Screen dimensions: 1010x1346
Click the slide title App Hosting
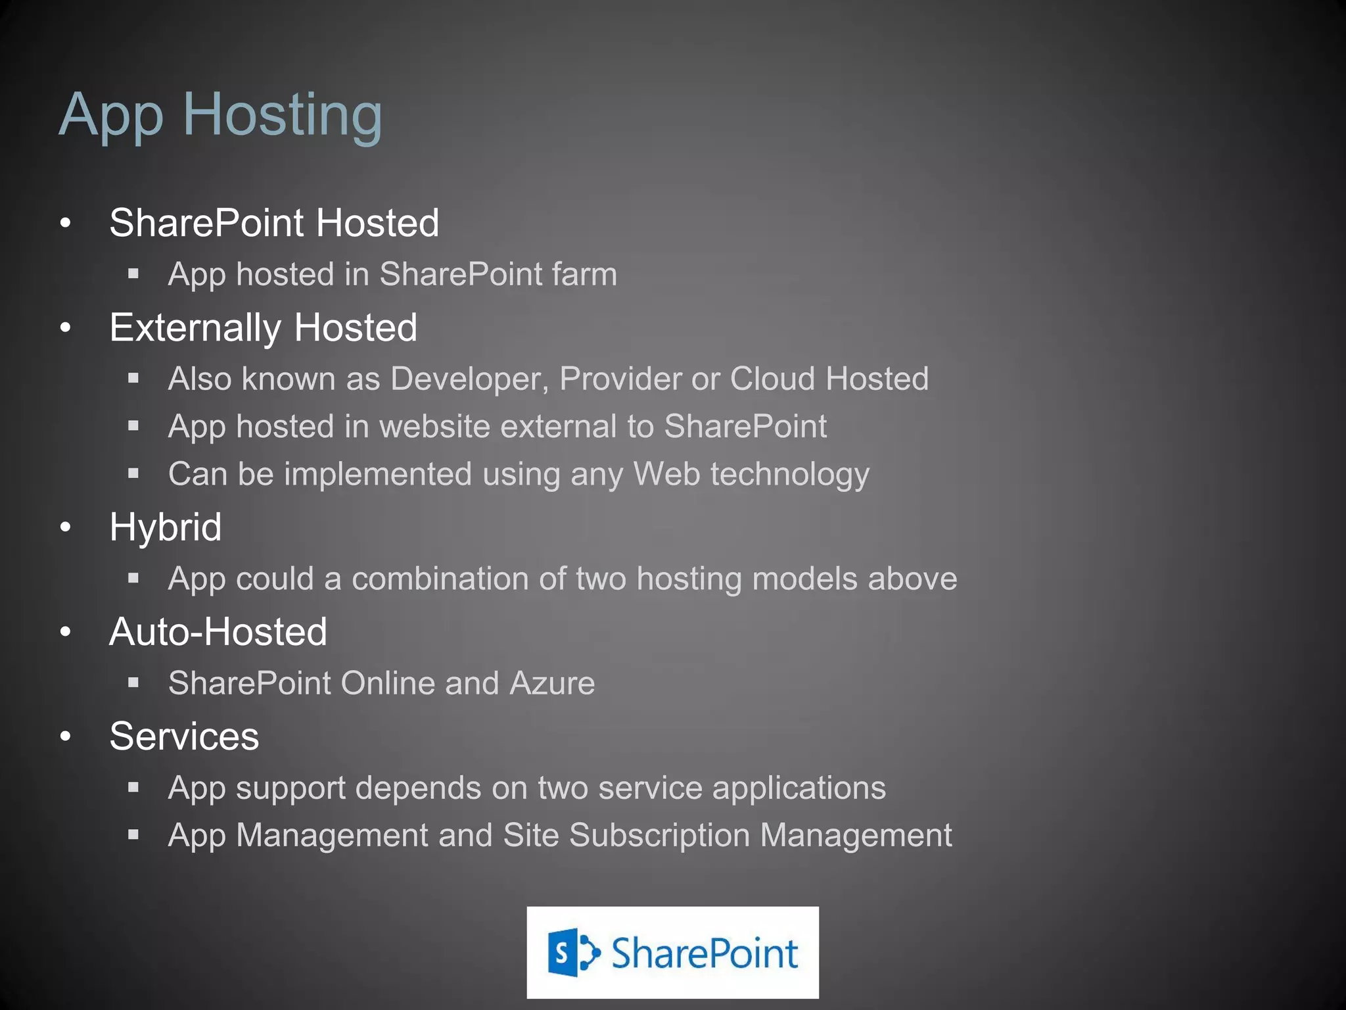point(220,115)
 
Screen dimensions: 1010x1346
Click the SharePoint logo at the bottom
point(672,952)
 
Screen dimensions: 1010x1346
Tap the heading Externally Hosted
point(263,327)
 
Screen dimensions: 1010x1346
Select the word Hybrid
point(166,527)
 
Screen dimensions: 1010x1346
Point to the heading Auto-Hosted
point(218,632)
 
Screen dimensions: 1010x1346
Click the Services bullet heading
point(184,736)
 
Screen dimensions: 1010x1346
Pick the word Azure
point(552,683)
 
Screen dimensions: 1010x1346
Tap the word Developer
point(469,379)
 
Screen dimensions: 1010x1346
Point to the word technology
point(789,475)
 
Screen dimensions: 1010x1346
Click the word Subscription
point(659,836)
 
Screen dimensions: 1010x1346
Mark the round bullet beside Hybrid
point(65,527)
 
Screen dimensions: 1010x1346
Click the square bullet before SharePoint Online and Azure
point(133,683)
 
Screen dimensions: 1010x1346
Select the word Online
point(387,683)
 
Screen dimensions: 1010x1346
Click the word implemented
point(377,475)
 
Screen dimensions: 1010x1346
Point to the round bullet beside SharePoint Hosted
point(65,223)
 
